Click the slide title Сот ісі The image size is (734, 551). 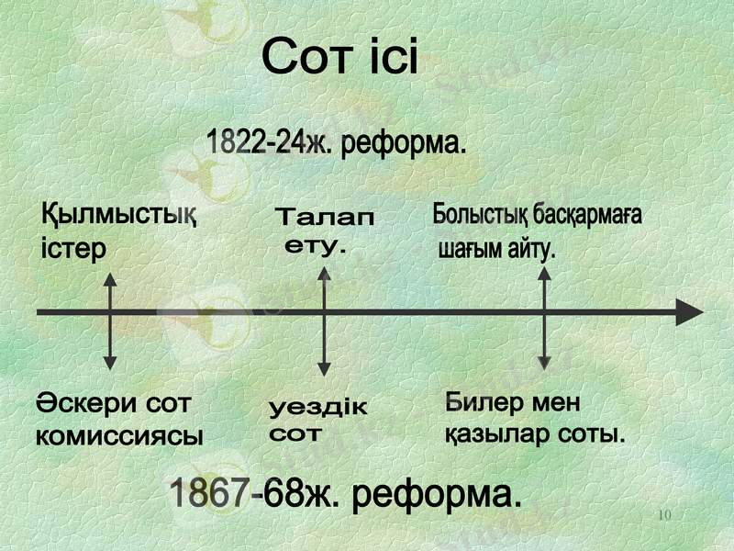pyautogui.click(x=339, y=59)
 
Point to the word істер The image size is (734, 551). pyautogui.click(x=74, y=249)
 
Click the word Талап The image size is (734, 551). pyautogui.click(x=326, y=219)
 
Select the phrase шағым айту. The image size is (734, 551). pyautogui.click(x=497, y=248)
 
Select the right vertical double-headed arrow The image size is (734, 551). pyautogui.click(x=544, y=317)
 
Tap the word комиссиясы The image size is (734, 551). pyautogui.click(x=119, y=434)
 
